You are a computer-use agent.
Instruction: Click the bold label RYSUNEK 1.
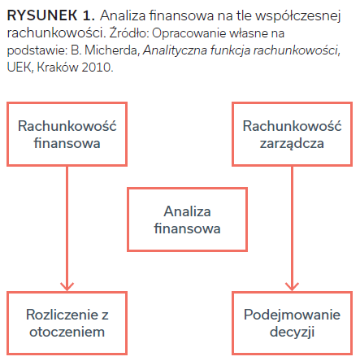[x=51, y=15]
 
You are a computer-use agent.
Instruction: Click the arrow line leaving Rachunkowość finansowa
[x=67, y=228]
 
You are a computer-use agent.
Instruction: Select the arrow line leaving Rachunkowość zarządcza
[x=292, y=228]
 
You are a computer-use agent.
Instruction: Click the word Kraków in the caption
[x=58, y=67]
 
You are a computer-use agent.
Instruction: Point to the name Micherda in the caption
[x=112, y=50]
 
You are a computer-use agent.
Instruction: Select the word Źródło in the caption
[x=129, y=33]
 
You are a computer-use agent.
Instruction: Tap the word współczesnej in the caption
[x=297, y=16]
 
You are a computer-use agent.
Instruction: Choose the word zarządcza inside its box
[x=292, y=144]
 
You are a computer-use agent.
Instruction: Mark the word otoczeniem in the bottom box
[x=67, y=332]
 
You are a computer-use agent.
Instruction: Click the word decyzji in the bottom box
[x=292, y=332]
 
